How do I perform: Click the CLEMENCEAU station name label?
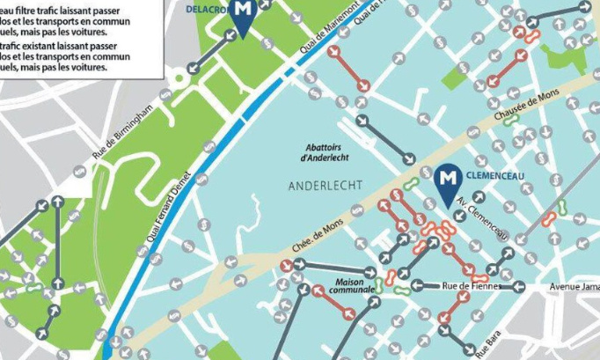pyautogui.click(x=498, y=174)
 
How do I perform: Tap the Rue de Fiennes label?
pyautogui.click(x=470, y=285)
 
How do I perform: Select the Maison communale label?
pyautogui.click(x=353, y=285)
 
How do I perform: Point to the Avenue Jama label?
pyautogui.click(x=574, y=286)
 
